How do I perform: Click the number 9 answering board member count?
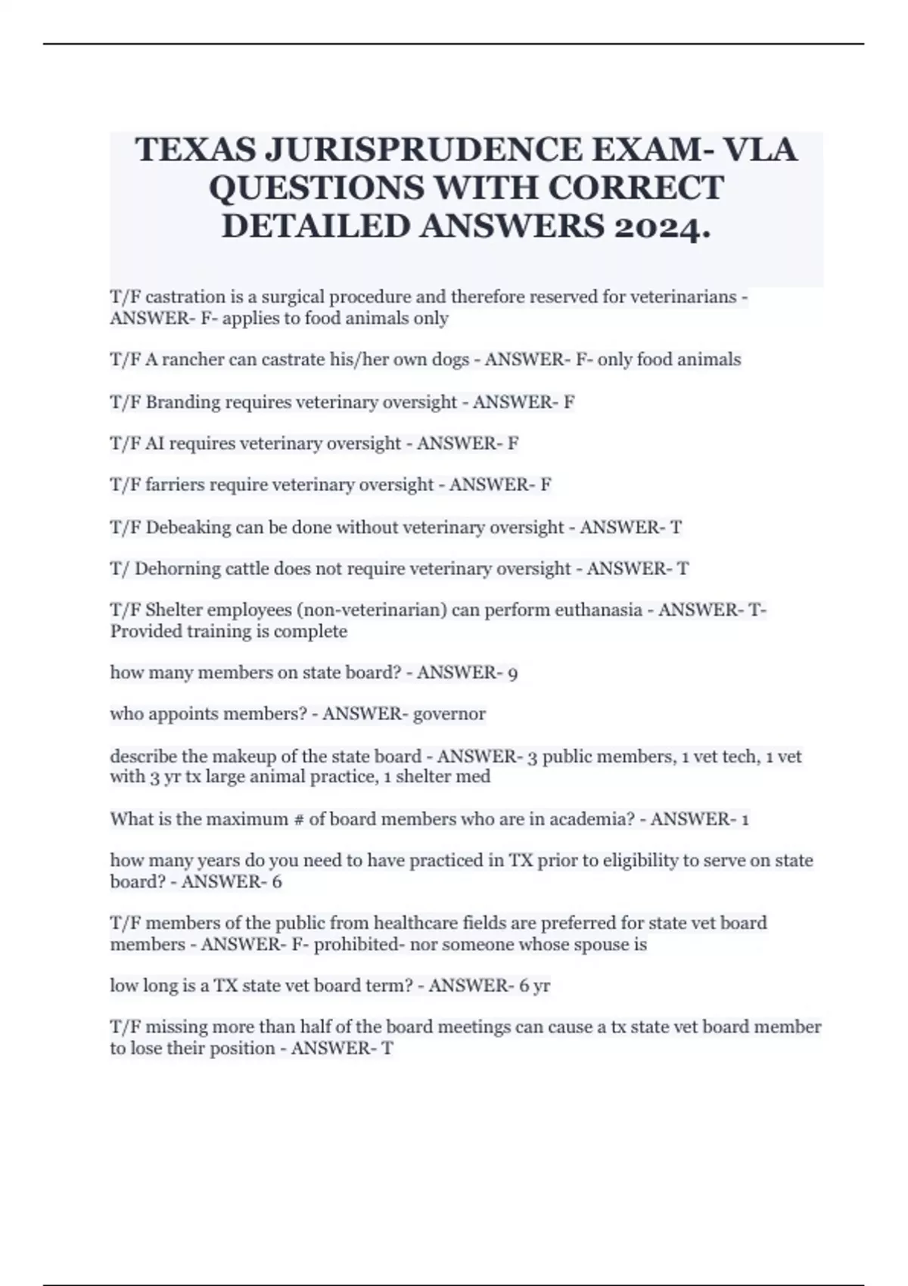513,673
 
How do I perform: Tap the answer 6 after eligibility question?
277,882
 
